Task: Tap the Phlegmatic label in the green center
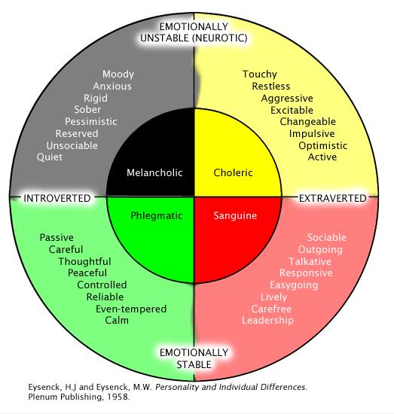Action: (157, 215)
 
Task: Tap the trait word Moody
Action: (118, 75)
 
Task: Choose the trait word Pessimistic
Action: (90, 122)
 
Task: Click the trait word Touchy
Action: (259, 75)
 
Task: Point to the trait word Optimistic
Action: (323, 145)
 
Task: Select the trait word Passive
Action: (57, 238)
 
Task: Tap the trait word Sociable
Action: (327, 238)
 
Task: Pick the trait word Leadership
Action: (267, 320)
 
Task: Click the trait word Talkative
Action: (313, 261)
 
